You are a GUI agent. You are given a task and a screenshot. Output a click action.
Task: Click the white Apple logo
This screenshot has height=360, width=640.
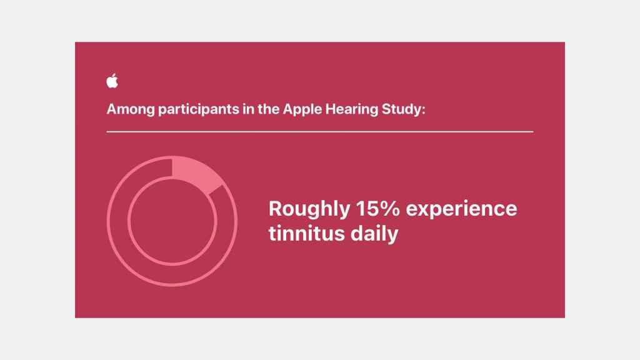[112, 82]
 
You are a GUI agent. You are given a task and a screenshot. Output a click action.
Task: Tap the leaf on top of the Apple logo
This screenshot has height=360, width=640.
[114, 75]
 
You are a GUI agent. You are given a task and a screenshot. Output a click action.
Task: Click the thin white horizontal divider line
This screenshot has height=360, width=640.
[320, 132]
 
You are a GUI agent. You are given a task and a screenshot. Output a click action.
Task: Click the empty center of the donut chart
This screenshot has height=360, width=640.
[172, 222]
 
